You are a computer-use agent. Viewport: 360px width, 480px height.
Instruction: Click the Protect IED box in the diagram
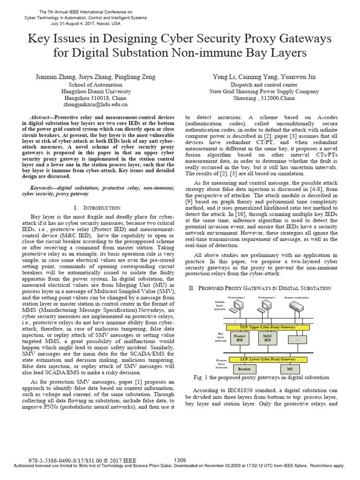pos(240,338)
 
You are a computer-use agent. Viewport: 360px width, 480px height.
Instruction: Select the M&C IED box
pos(268,338)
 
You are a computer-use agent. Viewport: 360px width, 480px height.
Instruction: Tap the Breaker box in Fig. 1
pos(244,369)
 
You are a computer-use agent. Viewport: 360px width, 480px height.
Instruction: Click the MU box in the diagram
pos(290,369)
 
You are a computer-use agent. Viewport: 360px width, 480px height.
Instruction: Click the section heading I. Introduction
pos(97,207)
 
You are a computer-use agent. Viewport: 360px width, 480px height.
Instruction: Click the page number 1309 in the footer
pos(180,460)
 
